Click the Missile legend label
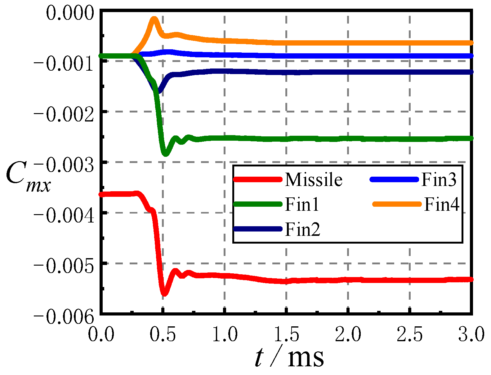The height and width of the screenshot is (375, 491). tap(314, 179)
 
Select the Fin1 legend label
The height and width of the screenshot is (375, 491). tap(302, 204)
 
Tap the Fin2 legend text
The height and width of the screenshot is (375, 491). tap(302, 229)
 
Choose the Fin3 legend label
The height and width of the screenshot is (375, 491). tap(439, 179)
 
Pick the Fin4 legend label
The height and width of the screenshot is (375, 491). tap(442, 204)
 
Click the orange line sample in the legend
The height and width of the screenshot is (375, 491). tap(397, 204)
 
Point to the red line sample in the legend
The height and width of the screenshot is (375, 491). tap(258, 179)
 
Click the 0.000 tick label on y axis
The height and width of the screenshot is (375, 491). tap(70, 13)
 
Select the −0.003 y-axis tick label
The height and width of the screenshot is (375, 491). tap(64, 165)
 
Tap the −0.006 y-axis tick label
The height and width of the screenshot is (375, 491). tap(64, 316)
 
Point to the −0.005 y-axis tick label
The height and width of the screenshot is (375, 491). tap(64, 266)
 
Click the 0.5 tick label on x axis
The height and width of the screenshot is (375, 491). tap(163, 334)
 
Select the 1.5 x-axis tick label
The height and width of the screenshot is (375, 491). tap(286, 334)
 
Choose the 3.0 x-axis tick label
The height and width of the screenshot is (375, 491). tap(471, 334)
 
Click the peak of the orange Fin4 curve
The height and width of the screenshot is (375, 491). tap(154, 19)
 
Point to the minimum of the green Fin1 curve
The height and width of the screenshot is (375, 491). tap(166, 154)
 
